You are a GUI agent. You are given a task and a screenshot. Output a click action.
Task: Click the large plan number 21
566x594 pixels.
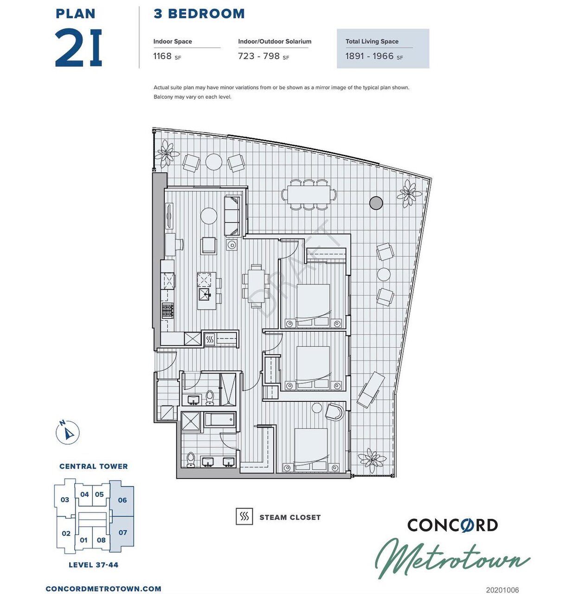tap(78, 48)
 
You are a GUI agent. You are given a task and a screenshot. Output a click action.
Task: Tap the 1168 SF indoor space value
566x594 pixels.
tap(167, 56)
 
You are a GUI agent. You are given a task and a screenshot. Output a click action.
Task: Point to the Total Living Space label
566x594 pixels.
tap(372, 41)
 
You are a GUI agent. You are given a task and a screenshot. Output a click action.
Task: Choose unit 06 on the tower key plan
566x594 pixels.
tap(122, 500)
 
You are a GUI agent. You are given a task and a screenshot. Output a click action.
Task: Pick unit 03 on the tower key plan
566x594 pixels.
tap(64, 500)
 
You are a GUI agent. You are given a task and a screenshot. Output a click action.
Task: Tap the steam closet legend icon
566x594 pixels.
tap(244, 517)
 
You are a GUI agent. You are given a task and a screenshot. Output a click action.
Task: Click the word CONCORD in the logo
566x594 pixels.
tap(452, 525)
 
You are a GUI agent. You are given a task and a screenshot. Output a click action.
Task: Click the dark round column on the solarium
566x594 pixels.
tap(376, 203)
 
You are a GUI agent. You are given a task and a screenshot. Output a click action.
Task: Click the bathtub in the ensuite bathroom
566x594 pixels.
tap(220, 420)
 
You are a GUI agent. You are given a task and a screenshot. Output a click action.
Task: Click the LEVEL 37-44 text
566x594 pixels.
tap(93, 564)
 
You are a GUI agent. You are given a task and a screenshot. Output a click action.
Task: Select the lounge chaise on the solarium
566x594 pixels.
tap(371, 390)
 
